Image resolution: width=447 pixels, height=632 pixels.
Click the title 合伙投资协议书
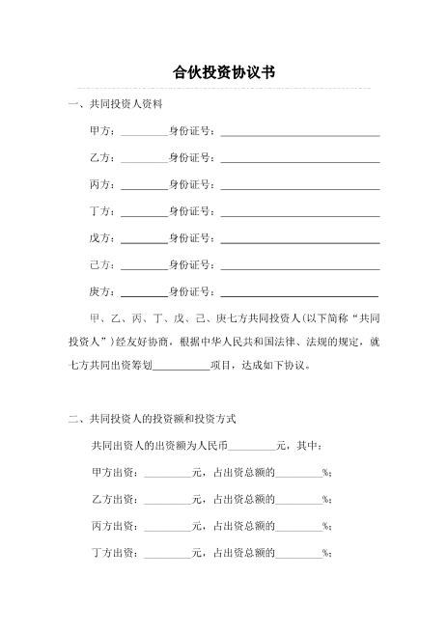(x=223, y=72)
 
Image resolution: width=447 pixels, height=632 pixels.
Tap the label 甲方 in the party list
(x=100, y=130)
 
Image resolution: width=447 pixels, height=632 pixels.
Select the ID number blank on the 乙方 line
(x=299, y=157)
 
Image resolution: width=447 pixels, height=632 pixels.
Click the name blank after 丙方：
(x=144, y=184)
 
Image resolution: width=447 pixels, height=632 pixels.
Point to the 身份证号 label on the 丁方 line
(x=191, y=210)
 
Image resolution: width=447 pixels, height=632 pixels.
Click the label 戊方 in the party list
(x=100, y=237)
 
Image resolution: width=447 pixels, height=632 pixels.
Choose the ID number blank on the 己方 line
(x=299, y=264)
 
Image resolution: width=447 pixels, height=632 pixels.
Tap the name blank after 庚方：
(x=144, y=291)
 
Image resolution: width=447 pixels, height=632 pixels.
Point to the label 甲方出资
(x=114, y=473)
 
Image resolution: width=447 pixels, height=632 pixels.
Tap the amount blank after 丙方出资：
(x=167, y=527)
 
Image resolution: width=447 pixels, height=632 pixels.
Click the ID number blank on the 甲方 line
(x=299, y=130)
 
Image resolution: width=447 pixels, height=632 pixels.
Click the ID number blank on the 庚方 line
(x=299, y=291)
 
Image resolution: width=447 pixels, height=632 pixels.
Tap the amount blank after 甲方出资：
(x=167, y=473)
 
